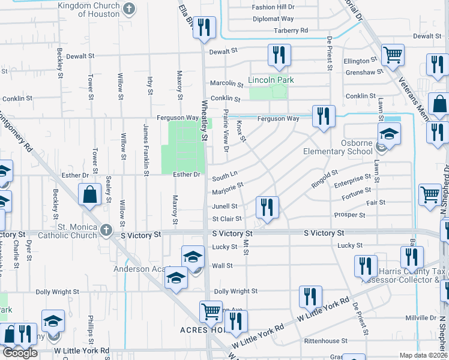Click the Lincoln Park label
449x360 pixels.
(x=271, y=80)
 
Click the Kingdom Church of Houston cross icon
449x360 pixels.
(x=128, y=8)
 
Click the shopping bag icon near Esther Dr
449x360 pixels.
(x=89, y=195)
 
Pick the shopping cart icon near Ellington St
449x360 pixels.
(x=393, y=55)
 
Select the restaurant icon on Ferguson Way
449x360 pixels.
(x=323, y=115)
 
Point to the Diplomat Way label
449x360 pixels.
(x=273, y=19)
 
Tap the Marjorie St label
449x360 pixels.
(x=227, y=192)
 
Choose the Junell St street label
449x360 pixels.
(x=224, y=206)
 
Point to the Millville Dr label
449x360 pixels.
(x=420, y=317)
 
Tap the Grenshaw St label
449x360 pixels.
(x=364, y=73)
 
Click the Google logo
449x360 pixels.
(x=20, y=353)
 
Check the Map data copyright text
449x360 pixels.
(x=423, y=355)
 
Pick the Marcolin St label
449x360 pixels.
(x=225, y=83)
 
